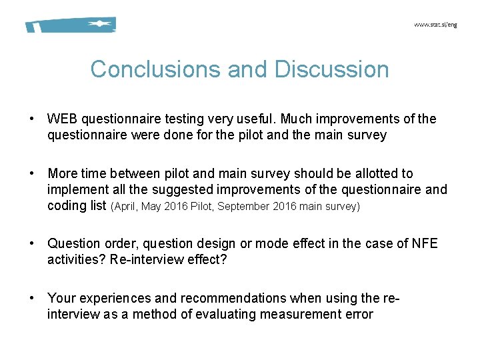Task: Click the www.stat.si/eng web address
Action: [435, 25]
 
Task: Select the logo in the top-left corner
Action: [71, 25]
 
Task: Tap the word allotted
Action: [390, 173]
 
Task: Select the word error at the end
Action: [359, 314]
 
